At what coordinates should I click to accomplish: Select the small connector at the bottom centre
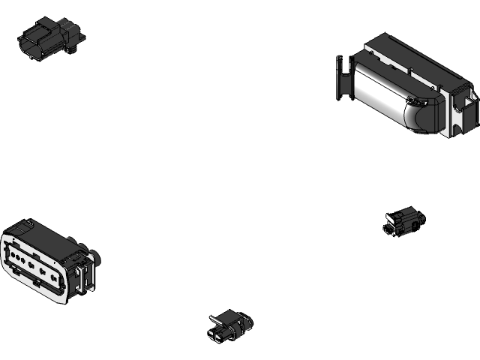click(229, 327)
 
